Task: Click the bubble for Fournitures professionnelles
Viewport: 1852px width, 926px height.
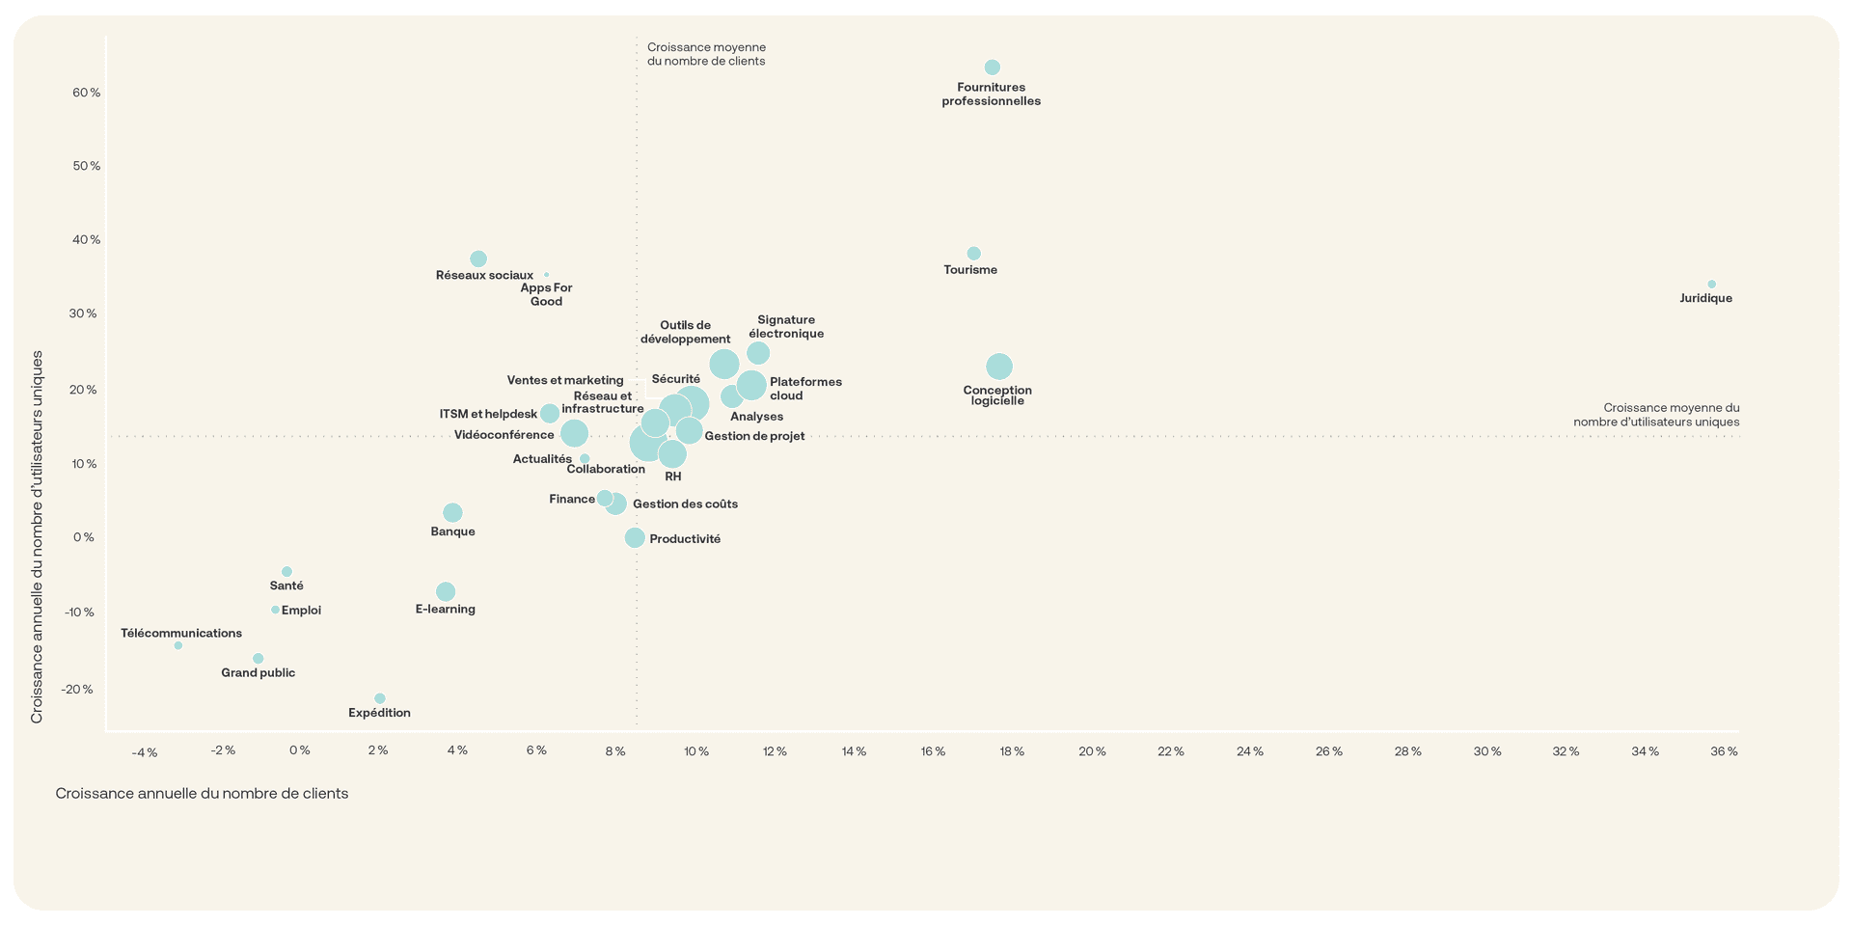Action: click(x=992, y=68)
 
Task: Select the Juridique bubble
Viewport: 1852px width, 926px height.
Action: click(x=1711, y=285)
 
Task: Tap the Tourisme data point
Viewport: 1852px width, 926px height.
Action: click(x=973, y=254)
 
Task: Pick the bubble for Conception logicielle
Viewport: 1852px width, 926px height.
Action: click(x=999, y=367)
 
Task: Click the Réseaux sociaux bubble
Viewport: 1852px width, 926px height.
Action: click(x=478, y=259)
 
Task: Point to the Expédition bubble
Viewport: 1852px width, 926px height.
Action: click(x=380, y=698)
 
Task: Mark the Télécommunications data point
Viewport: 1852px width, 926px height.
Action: click(x=178, y=645)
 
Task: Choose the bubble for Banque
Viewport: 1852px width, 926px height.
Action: click(x=452, y=512)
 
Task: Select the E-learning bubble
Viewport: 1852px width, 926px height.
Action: click(x=446, y=591)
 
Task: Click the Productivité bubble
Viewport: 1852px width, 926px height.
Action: click(x=635, y=537)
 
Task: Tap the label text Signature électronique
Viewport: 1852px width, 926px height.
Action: click(x=786, y=327)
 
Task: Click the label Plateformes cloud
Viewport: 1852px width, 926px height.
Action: click(x=805, y=389)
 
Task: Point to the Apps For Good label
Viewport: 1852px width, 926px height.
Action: click(x=546, y=294)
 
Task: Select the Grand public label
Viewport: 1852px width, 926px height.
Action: click(x=259, y=673)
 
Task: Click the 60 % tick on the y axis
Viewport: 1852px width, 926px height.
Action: click(x=87, y=93)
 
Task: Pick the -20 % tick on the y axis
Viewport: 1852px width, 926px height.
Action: click(x=77, y=690)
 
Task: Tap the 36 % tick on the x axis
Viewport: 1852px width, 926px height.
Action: click(x=1724, y=751)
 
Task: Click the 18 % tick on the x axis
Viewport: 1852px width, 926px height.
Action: click(x=1012, y=751)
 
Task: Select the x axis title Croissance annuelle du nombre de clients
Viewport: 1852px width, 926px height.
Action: click(x=202, y=794)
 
